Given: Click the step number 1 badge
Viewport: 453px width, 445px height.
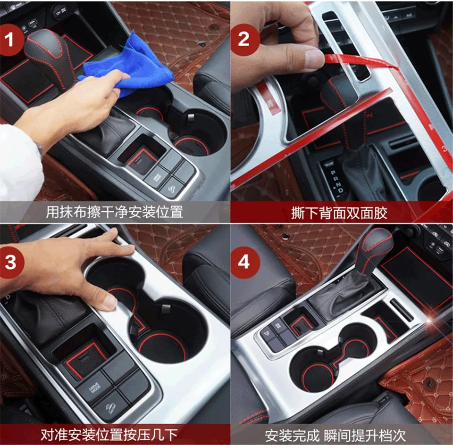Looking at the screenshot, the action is click(x=10, y=39).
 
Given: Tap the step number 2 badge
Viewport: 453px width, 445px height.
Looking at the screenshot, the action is click(x=244, y=39).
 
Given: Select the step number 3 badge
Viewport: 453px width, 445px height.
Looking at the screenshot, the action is click(x=11, y=262).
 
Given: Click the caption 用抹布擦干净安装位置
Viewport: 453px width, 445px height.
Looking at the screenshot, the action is click(x=115, y=212).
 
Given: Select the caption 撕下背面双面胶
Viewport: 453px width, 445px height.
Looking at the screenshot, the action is click(x=339, y=213).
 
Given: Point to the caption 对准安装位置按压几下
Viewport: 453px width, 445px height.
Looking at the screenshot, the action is click(x=109, y=435).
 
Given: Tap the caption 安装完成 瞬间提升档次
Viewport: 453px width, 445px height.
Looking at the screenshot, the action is click(x=336, y=435).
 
